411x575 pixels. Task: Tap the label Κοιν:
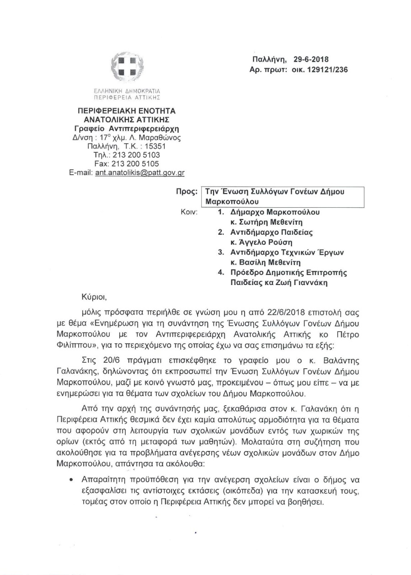tap(187, 212)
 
